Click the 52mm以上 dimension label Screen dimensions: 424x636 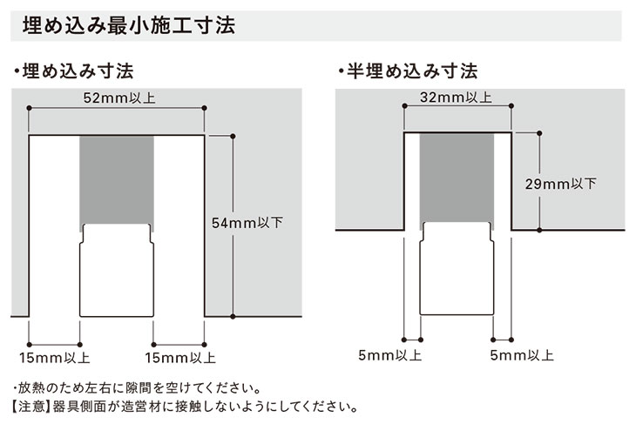click(118, 97)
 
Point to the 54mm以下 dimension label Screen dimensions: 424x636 click(247, 223)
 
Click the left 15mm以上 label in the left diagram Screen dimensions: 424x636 click(54, 356)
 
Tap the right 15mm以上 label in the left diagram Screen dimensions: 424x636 click(179, 356)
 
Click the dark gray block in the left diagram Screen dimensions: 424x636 click(117, 179)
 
